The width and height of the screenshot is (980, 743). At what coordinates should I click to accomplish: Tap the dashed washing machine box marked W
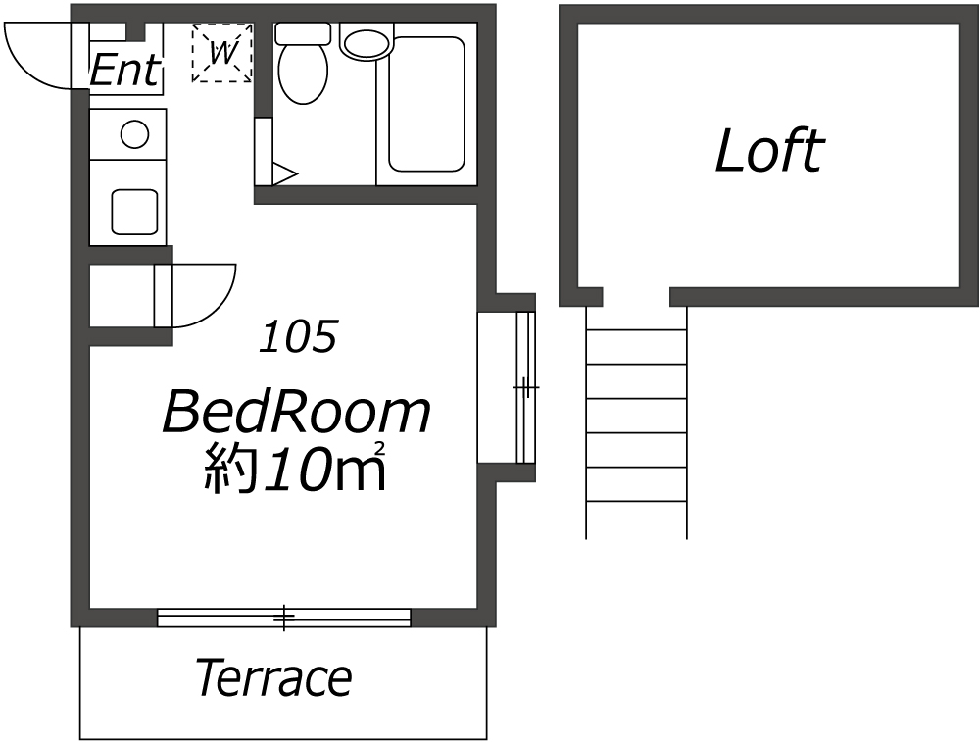click(221, 53)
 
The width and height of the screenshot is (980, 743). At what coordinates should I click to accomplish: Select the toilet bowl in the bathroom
click(303, 74)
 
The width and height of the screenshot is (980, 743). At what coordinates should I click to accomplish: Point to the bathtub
click(427, 104)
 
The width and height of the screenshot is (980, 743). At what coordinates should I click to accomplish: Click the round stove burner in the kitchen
click(134, 134)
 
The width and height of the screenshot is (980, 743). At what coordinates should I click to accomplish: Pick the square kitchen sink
click(134, 212)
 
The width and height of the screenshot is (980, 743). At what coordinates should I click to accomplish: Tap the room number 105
click(299, 336)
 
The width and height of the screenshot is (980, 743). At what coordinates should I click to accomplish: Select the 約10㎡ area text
click(294, 468)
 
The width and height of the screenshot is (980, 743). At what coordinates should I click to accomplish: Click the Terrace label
click(273, 678)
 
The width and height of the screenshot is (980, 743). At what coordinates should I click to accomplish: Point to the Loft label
click(769, 150)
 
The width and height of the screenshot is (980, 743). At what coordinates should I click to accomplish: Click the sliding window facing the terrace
click(284, 618)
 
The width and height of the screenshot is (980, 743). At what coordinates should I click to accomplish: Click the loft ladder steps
click(636, 421)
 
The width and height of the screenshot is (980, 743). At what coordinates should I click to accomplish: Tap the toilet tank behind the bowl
click(303, 33)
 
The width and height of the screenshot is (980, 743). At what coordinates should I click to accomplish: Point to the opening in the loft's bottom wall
click(636, 297)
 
